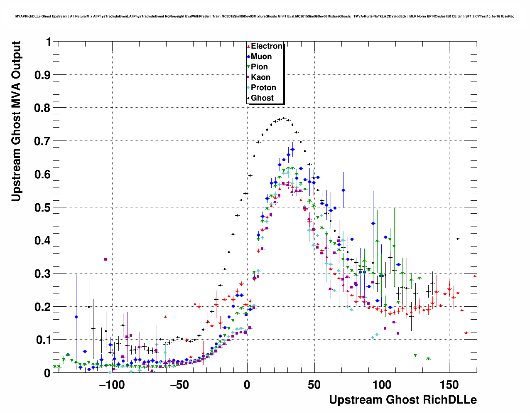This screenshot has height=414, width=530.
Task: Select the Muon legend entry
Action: pos(261,57)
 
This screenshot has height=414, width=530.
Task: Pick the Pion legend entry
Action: pos(259,67)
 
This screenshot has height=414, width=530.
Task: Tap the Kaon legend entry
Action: pos(260,77)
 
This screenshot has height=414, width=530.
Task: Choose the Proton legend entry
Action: pos(263,88)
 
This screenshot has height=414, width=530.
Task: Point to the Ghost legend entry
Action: pos(262,98)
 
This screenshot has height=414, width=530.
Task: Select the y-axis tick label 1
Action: pos(48,42)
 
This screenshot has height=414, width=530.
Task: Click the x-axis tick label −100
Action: pos(112,385)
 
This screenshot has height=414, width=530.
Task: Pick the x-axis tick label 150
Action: pos(449,385)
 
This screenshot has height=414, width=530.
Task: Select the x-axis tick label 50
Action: pos(314,385)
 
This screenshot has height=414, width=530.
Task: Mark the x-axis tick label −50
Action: pos(179,385)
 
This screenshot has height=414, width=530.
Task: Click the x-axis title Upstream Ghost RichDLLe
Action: pos(402,400)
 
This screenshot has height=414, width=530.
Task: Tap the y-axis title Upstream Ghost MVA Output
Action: pos(16,121)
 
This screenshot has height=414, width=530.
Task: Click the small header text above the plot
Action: pos(265,17)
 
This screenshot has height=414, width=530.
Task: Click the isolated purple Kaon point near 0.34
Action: pos(106,259)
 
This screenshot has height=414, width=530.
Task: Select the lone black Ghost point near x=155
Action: pos(458,239)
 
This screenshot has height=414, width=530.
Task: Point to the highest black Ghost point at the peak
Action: pos(284,118)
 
